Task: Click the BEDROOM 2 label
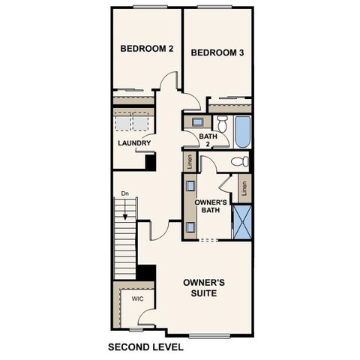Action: [x=147, y=49]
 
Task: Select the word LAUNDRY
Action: [x=134, y=143]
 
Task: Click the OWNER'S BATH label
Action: [x=211, y=207]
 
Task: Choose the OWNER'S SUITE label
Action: [x=204, y=287]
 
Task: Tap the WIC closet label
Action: [x=137, y=298]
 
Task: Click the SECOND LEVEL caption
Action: [x=145, y=347]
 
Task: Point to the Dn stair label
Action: [x=125, y=193]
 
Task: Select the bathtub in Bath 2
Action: [x=242, y=132]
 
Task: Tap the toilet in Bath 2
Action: [x=221, y=123]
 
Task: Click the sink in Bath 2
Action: [x=197, y=121]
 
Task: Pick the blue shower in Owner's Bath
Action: [x=242, y=221]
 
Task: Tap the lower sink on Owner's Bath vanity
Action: [x=190, y=226]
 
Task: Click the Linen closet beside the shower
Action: [x=244, y=188]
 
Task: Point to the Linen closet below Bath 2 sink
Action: [x=190, y=161]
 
